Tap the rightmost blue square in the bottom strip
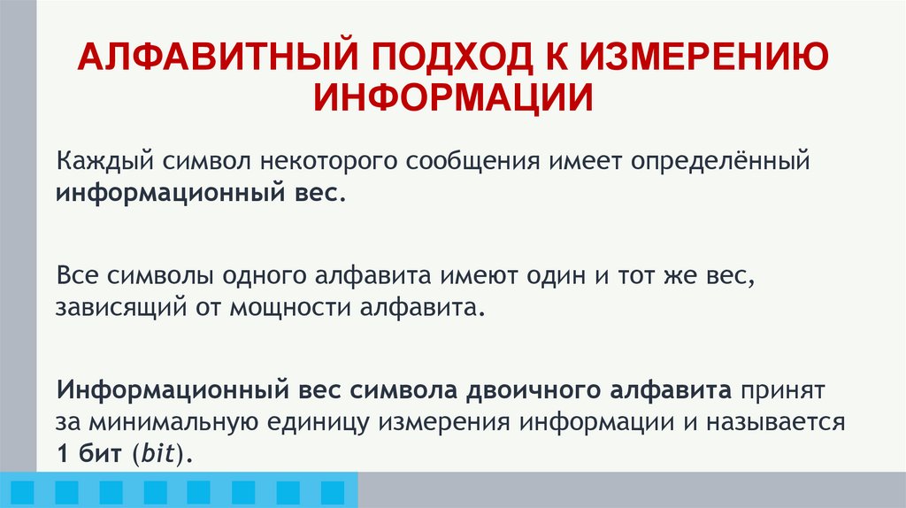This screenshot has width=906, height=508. coord(333,491)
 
